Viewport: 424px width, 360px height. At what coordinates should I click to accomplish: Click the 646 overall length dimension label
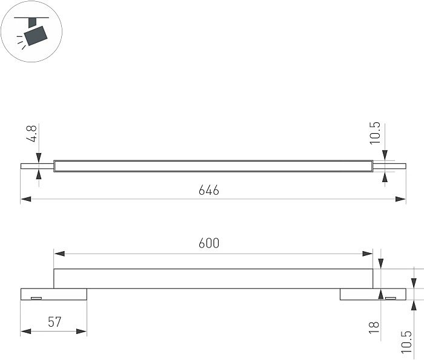209,191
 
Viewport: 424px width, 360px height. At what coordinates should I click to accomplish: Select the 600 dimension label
209,243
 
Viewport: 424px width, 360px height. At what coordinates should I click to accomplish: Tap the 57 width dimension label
55,322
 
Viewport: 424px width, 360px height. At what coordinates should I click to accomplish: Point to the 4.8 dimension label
31,134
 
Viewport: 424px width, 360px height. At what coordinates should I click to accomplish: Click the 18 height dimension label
374,327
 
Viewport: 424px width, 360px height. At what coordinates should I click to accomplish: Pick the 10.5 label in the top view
375,133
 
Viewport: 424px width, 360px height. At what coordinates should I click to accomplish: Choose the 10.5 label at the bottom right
406,342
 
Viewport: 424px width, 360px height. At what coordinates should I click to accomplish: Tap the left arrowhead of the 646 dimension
26,199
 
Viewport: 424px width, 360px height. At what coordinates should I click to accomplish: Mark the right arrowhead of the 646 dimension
400,199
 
